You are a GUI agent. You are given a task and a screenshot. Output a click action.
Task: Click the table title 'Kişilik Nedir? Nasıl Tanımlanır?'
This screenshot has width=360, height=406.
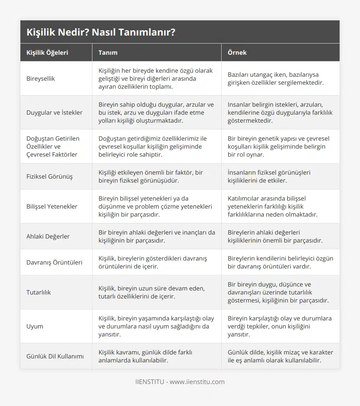pos(101,32)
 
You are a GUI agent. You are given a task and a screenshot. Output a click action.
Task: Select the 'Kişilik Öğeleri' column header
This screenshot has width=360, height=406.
pos(47,52)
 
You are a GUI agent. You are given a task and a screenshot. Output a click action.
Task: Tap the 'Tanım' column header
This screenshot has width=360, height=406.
pos(108,52)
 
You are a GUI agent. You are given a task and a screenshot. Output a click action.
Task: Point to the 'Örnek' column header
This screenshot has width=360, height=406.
pos(237,52)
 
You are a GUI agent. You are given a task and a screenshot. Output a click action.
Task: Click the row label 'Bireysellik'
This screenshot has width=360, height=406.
pos(41,79)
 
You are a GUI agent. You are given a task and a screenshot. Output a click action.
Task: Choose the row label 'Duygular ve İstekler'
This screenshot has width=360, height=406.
pos(54,113)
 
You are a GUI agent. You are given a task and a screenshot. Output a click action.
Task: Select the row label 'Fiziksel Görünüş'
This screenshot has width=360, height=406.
pos(50,176)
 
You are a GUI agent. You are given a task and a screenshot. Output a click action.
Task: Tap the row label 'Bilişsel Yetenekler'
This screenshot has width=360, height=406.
pos(52,207)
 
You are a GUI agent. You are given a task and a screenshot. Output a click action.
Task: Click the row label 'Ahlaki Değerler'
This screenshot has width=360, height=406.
pos(48,237)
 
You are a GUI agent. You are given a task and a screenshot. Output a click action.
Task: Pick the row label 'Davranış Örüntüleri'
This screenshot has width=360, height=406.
pos(54,263)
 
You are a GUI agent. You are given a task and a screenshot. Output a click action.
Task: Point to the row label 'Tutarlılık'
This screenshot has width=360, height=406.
pos(39,293)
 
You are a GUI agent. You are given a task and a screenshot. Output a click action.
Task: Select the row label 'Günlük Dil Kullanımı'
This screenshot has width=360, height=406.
pos(55,356)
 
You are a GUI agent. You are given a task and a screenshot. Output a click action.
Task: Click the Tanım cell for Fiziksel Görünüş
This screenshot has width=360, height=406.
pos(150,176)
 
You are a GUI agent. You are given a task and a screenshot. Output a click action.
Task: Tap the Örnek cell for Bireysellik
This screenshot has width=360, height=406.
pos(276,79)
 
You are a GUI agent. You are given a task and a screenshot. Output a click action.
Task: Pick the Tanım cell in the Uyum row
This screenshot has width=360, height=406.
pos(156,326)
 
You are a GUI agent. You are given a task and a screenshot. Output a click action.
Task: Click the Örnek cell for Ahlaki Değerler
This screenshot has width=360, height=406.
pos(275,237)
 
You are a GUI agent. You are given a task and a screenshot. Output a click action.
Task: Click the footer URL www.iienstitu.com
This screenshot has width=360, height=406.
pos(197,382)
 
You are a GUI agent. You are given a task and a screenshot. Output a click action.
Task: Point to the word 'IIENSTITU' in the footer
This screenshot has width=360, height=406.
pos(150,382)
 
